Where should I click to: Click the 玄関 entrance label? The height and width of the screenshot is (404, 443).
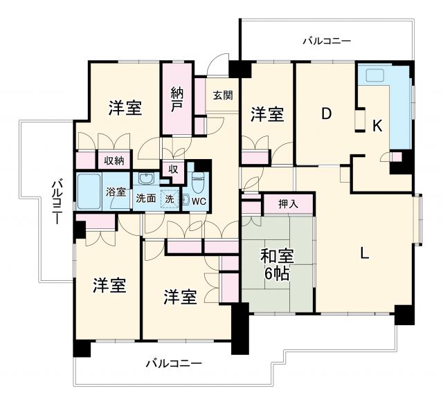pyautogui.click(x=221, y=95)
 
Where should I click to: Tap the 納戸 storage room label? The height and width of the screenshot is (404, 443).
pyautogui.click(x=177, y=100)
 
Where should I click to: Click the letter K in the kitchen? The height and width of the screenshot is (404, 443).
pyautogui.click(x=377, y=126)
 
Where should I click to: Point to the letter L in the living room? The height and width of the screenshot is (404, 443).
pyautogui.click(x=364, y=253)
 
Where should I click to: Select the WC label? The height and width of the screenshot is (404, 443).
pyautogui.click(x=199, y=201)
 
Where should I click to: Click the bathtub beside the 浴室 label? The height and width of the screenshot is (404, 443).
pyautogui.click(x=89, y=192)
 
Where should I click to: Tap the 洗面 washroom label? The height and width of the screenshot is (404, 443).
pyautogui.click(x=145, y=199)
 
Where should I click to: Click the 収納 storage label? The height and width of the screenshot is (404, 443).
pyautogui.click(x=114, y=160)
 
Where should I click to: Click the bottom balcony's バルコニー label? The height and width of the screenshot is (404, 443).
pyautogui.click(x=174, y=363)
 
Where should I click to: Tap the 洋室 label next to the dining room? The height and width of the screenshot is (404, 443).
pyautogui.click(x=267, y=114)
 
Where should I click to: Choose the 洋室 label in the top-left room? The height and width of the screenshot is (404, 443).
pyautogui.click(x=125, y=108)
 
